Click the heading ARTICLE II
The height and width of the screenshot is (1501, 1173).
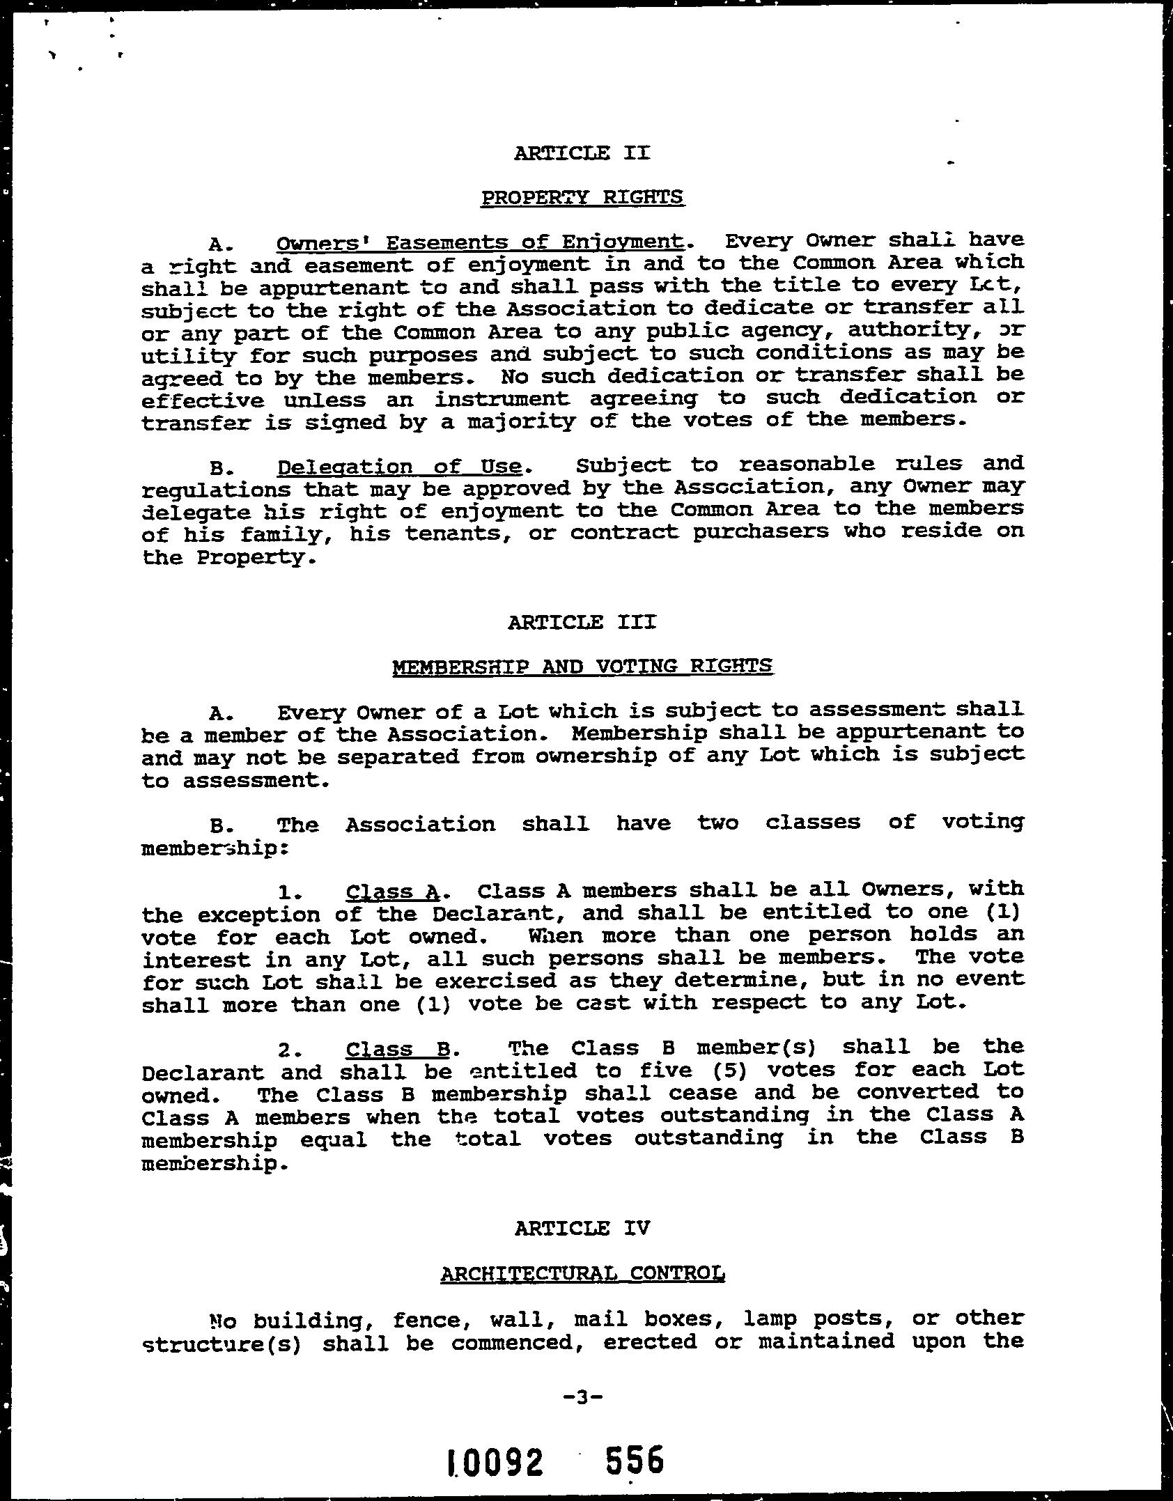tap(582, 153)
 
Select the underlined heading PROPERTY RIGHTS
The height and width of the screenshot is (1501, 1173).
tap(582, 197)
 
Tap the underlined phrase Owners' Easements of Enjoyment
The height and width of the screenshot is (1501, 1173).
tap(480, 242)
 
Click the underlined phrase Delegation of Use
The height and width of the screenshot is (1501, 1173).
tap(400, 466)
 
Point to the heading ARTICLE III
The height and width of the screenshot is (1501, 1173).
tap(582, 621)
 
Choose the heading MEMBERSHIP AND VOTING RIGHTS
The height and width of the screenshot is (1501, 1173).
tap(582, 667)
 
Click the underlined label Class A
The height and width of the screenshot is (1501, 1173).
tap(393, 892)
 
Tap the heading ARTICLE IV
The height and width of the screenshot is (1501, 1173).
tap(582, 1228)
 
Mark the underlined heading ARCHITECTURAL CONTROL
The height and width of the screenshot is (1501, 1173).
tap(582, 1274)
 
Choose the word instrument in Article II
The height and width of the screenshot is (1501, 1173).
tap(502, 399)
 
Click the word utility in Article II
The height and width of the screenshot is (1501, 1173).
tap(187, 356)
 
